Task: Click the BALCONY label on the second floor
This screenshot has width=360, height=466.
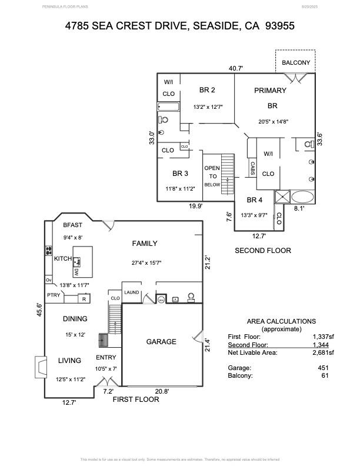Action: (x=295, y=62)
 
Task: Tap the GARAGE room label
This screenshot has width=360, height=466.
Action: (x=161, y=341)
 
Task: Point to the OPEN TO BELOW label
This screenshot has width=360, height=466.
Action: (x=212, y=176)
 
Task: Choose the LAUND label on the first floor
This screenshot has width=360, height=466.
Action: (x=131, y=292)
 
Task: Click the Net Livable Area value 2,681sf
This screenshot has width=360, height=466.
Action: (x=323, y=352)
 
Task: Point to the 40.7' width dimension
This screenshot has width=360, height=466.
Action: (x=236, y=68)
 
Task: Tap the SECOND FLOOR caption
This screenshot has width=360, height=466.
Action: (x=262, y=250)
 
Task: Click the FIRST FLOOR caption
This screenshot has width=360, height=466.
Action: (x=136, y=399)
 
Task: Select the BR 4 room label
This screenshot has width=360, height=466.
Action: (x=254, y=200)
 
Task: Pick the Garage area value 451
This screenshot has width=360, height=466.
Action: (x=323, y=367)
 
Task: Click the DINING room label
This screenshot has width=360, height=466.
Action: (x=75, y=319)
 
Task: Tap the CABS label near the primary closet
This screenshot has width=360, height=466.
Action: (x=252, y=168)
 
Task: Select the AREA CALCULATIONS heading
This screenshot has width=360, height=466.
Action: (x=281, y=321)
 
